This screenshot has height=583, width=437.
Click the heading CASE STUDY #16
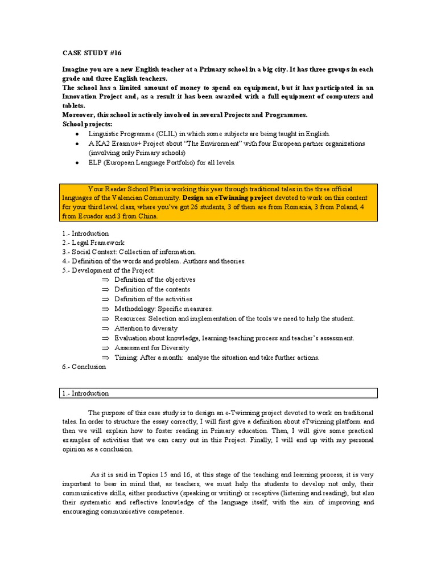(92, 53)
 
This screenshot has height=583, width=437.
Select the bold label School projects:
(88, 124)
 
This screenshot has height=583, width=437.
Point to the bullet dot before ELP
(77, 162)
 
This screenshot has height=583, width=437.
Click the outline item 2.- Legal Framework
(93, 243)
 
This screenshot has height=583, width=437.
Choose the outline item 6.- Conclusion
(84, 367)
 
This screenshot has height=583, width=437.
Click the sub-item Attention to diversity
(146, 329)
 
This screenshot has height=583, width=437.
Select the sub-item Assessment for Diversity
(152, 348)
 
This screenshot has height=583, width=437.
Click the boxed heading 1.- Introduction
(85, 393)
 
